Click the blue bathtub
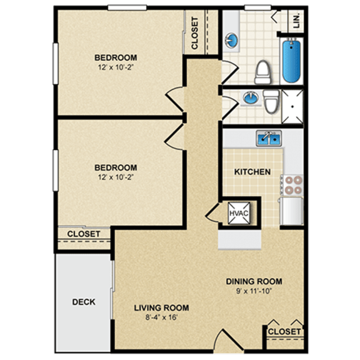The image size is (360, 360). click(x=292, y=61)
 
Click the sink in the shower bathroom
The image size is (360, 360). click(x=249, y=98)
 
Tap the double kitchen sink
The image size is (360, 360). click(x=269, y=138)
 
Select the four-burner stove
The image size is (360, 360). click(x=293, y=184)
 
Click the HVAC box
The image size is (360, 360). click(x=238, y=212)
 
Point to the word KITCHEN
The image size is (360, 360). click(x=252, y=172)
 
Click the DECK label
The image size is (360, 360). click(x=84, y=302)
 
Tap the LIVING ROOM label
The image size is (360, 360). click(x=162, y=307)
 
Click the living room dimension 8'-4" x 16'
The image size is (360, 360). click(x=162, y=317)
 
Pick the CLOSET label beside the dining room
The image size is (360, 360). click(x=284, y=331)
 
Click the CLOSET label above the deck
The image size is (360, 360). click(x=84, y=234)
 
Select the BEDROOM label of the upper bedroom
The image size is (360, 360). click(x=116, y=56)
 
